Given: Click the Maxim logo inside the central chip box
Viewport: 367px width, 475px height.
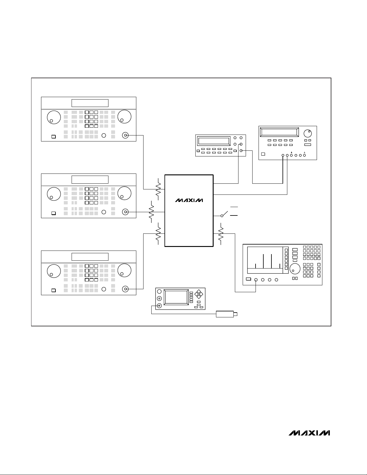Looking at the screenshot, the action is pos(189,200).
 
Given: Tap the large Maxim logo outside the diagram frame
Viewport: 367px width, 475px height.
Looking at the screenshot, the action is pos(309,433).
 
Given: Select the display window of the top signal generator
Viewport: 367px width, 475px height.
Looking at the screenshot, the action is pos(90,103).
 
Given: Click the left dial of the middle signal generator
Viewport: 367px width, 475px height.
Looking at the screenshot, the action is pos(54,194).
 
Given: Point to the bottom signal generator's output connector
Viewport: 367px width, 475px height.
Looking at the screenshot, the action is pos(125,289).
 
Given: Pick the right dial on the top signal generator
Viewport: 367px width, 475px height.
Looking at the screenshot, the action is pos(124,117).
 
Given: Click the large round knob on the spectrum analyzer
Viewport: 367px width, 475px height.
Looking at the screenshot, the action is pos(295,269).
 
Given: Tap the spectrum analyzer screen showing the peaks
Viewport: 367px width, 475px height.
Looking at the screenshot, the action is pos(265,260).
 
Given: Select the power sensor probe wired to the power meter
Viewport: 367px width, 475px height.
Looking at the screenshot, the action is pos(226,314).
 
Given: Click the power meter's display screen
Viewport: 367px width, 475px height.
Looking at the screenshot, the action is pos(176,297).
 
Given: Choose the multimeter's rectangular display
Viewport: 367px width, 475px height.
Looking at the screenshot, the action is pos(214,141).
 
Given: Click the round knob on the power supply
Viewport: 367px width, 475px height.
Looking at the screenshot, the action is pos(308,133).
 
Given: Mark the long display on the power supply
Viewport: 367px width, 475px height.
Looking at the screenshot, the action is pos(280,132).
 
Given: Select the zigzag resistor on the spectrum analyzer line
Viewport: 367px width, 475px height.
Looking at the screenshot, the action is pos(221,234).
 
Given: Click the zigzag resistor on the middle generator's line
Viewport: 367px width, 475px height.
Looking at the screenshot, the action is pos(151,212).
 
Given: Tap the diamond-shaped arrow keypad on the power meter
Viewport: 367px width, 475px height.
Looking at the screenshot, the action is pos(199,294).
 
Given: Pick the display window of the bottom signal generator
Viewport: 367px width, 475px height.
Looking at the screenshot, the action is pos(90,257).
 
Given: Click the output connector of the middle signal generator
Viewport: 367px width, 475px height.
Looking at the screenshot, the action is pos(125,212).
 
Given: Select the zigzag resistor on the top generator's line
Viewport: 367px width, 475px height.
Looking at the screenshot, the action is pos(158,189).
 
